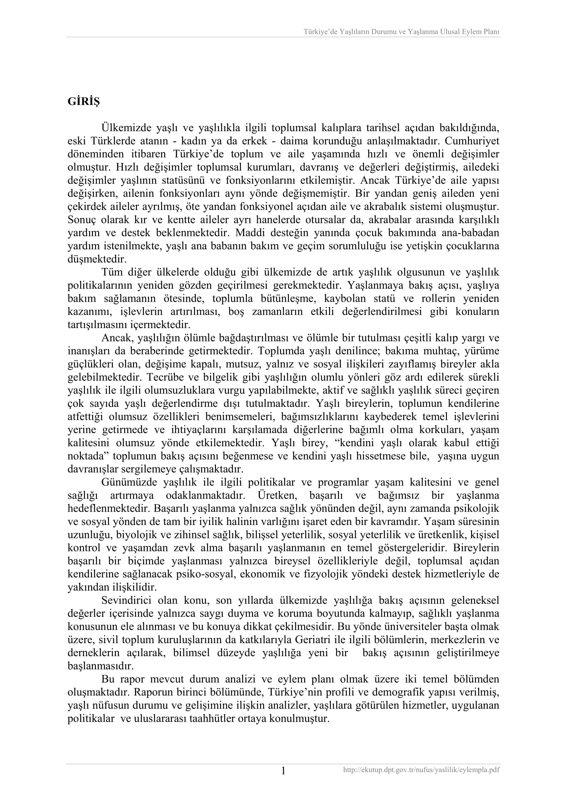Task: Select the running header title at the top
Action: (x=401, y=32)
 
